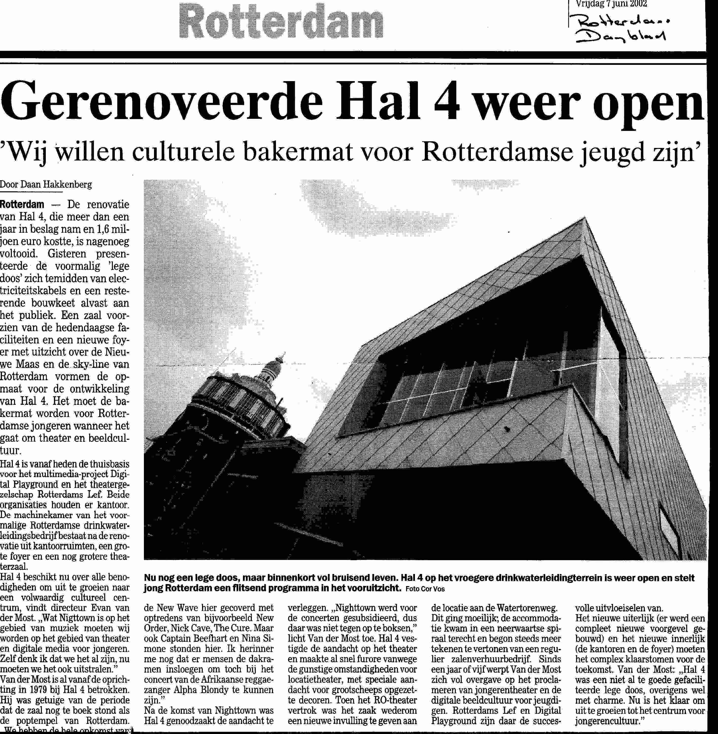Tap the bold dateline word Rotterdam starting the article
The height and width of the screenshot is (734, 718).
point(22,205)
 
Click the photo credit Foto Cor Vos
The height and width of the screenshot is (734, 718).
point(425,589)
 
